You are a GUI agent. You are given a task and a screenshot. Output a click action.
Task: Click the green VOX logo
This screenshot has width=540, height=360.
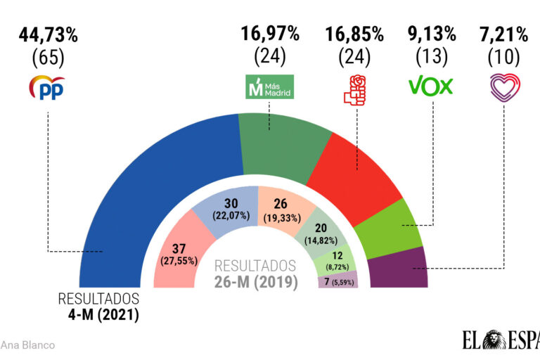(431, 86)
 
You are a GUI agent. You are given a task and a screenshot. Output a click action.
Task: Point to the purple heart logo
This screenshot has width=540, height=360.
(504, 87)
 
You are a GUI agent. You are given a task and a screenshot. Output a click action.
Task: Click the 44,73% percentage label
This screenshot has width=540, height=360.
(47, 33)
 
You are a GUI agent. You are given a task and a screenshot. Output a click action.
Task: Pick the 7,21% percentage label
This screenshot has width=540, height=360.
(504, 33)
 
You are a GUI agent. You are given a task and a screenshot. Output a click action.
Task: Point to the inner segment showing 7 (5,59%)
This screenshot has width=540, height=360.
(337, 281)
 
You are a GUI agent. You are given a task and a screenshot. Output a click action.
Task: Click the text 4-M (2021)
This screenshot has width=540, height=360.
(99, 314)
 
